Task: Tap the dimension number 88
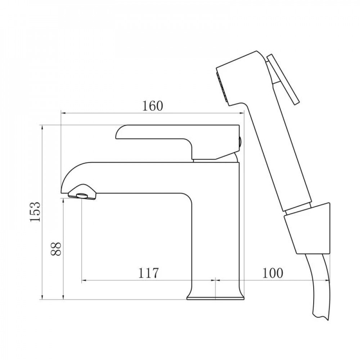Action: [x=55, y=248]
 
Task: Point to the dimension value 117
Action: [x=148, y=273]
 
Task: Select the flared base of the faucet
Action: [x=215, y=293]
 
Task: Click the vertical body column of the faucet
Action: [x=216, y=230]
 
